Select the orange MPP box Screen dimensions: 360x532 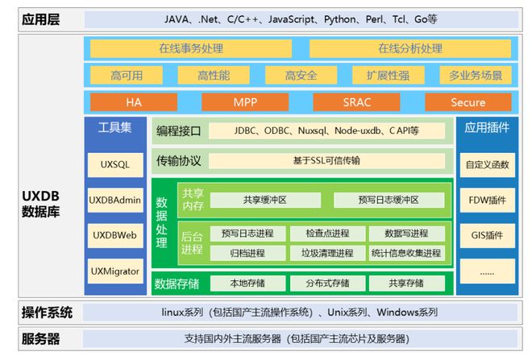click(244, 102)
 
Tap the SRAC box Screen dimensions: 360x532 click(355, 102)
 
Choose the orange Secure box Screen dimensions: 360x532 click(468, 102)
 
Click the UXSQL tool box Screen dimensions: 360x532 click(114, 164)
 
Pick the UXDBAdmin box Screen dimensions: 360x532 click(114, 200)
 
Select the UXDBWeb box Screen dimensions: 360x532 click(114, 235)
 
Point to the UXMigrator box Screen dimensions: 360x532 click(114, 271)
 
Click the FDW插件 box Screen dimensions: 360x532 click(487, 200)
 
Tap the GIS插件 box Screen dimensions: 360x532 click(487, 235)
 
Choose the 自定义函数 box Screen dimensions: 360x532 click(487, 164)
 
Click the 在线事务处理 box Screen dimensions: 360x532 click(190, 48)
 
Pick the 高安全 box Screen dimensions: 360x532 click(300, 76)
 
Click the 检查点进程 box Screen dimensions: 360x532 click(326, 234)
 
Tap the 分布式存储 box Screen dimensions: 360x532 click(326, 283)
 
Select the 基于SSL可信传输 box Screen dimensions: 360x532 click(326, 160)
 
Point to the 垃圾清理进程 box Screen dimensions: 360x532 click(326, 253)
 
